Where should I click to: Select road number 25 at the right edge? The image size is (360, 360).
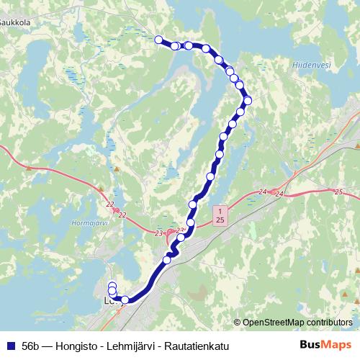point(338,192)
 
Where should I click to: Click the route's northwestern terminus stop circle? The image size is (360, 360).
point(159,40)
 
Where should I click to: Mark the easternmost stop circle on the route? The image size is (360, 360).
point(248,101)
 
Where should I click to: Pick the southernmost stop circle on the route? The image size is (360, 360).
point(125,300)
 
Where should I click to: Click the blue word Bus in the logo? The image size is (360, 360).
point(311,345)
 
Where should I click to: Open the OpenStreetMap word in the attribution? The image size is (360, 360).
point(274,323)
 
